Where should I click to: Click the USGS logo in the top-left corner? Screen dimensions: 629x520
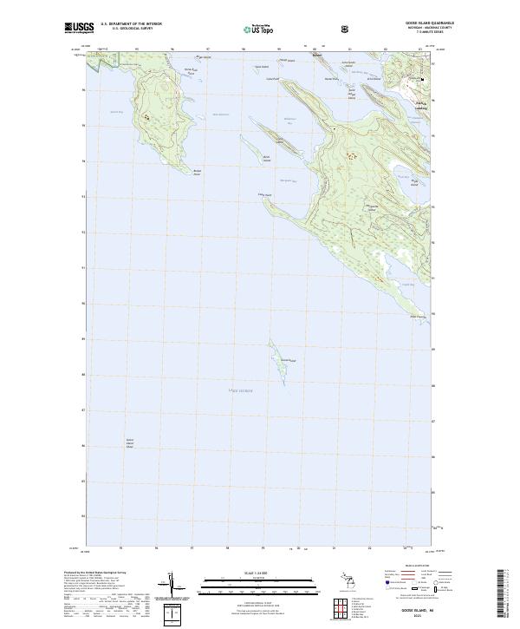coord(78,28)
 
